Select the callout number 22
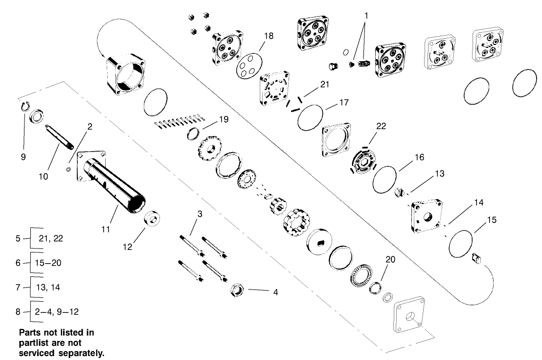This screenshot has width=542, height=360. click(381, 126)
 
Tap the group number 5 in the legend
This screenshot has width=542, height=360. click(18, 239)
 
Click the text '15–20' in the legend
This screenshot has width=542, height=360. click(48, 263)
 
